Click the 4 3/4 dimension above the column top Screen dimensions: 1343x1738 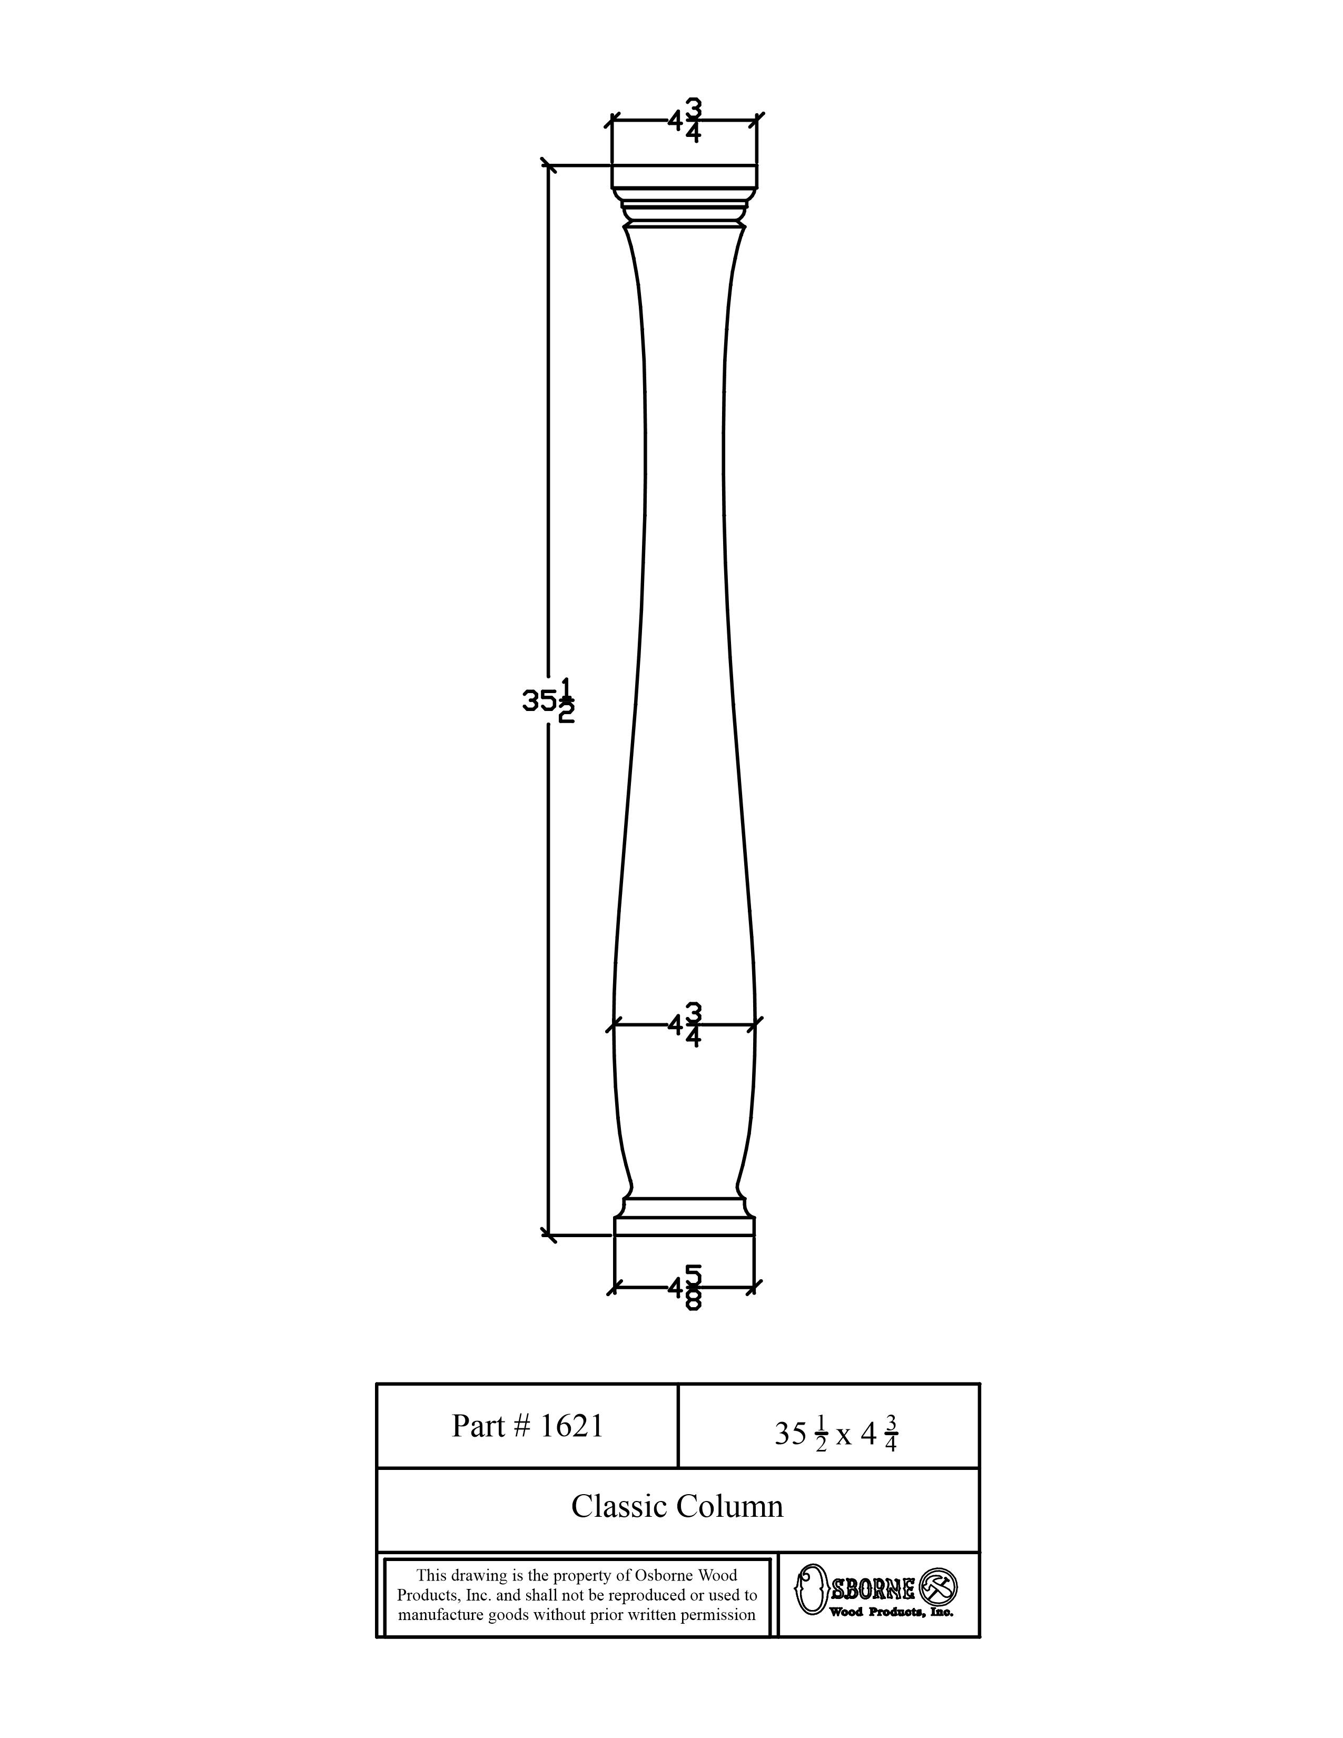coord(685,120)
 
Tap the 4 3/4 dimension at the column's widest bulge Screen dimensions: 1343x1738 coord(685,1025)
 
